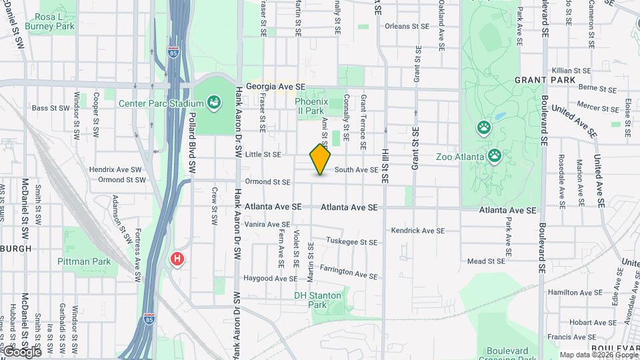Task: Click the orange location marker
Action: (321, 159)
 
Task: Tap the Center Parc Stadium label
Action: (161, 103)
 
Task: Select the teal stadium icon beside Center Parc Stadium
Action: (214, 103)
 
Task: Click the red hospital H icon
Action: (177, 258)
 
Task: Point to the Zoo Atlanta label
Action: (461, 157)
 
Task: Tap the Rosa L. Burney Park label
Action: (49, 21)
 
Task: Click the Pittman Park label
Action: (84, 262)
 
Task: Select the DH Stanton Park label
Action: (317, 299)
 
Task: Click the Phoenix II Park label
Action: (309, 106)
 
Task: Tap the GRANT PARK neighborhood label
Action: (545, 80)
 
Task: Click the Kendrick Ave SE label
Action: (417, 231)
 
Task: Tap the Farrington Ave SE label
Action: (349, 271)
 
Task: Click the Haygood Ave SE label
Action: (267, 278)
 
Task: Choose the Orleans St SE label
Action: (406, 27)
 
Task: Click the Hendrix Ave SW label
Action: (115, 170)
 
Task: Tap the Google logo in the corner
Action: (21, 351)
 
